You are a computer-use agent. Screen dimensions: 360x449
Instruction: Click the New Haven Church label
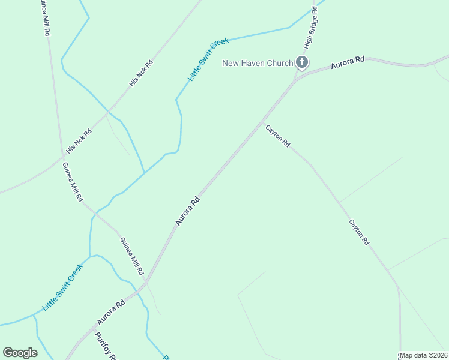click(x=258, y=63)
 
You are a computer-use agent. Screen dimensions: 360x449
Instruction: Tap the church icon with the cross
click(x=302, y=62)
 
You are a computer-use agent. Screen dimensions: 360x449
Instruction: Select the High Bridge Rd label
click(x=310, y=28)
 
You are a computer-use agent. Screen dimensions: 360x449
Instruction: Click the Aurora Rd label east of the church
click(x=348, y=62)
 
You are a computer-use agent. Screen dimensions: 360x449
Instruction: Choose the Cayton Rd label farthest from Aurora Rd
click(x=359, y=232)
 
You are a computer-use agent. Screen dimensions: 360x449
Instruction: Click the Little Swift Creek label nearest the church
click(x=209, y=59)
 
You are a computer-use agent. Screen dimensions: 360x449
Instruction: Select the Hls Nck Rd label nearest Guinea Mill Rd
click(x=79, y=140)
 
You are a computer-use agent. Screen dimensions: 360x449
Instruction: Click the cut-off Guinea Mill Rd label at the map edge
click(x=44, y=18)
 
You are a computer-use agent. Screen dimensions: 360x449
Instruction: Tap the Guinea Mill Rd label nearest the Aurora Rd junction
click(x=131, y=256)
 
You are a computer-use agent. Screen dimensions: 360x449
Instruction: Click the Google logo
click(x=20, y=353)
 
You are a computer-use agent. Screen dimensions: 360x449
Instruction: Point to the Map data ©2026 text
click(x=423, y=355)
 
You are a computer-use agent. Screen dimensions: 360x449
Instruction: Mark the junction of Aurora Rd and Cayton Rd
click(x=262, y=122)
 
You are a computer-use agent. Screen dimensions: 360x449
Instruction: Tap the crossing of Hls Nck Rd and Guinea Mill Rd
click(x=63, y=157)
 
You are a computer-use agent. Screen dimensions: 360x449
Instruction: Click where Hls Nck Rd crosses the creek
click(x=109, y=111)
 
